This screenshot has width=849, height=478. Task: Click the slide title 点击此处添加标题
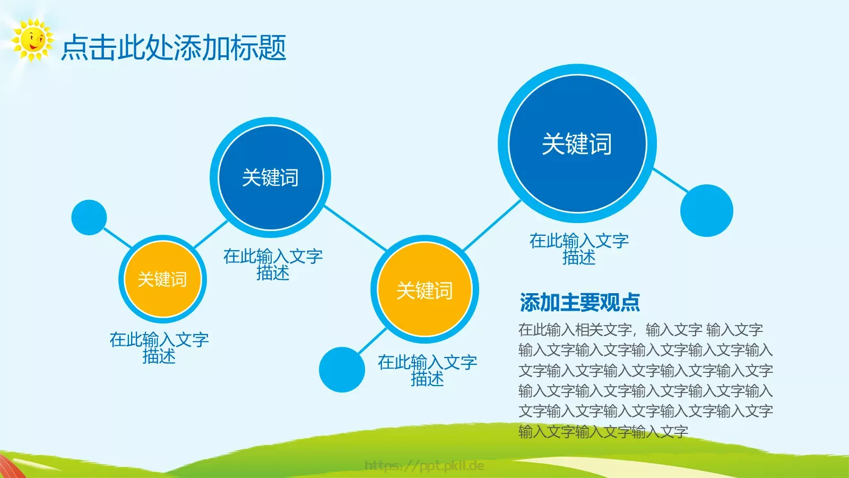(174, 48)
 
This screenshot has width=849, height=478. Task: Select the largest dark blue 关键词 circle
(577, 143)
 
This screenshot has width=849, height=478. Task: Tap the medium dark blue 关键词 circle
(270, 177)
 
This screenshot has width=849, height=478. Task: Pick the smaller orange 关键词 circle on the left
(162, 279)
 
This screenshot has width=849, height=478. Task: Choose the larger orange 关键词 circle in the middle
(424, 290)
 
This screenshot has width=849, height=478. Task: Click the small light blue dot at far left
(89, 217)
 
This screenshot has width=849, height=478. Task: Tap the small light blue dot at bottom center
(342, 370)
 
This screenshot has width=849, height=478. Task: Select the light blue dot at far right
(706, 210)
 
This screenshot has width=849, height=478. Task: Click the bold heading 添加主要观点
(579, 302)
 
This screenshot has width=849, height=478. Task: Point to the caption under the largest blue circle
(579, 249)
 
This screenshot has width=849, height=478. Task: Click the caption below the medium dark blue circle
(273, 264)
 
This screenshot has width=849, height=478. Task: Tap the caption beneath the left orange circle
(159, 347)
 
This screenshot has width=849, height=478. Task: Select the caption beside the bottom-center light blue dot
(427, 370)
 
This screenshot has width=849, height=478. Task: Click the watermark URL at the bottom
(424, 466)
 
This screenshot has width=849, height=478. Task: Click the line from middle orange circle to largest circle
(492, 225)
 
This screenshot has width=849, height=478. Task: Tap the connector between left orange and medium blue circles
(211, 234)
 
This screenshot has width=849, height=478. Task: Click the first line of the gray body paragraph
(640, 330)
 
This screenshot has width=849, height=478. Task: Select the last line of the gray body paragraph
(603, 431)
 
